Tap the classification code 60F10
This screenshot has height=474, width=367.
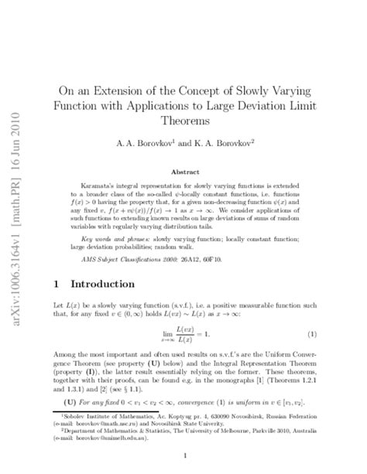coord(225,261)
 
